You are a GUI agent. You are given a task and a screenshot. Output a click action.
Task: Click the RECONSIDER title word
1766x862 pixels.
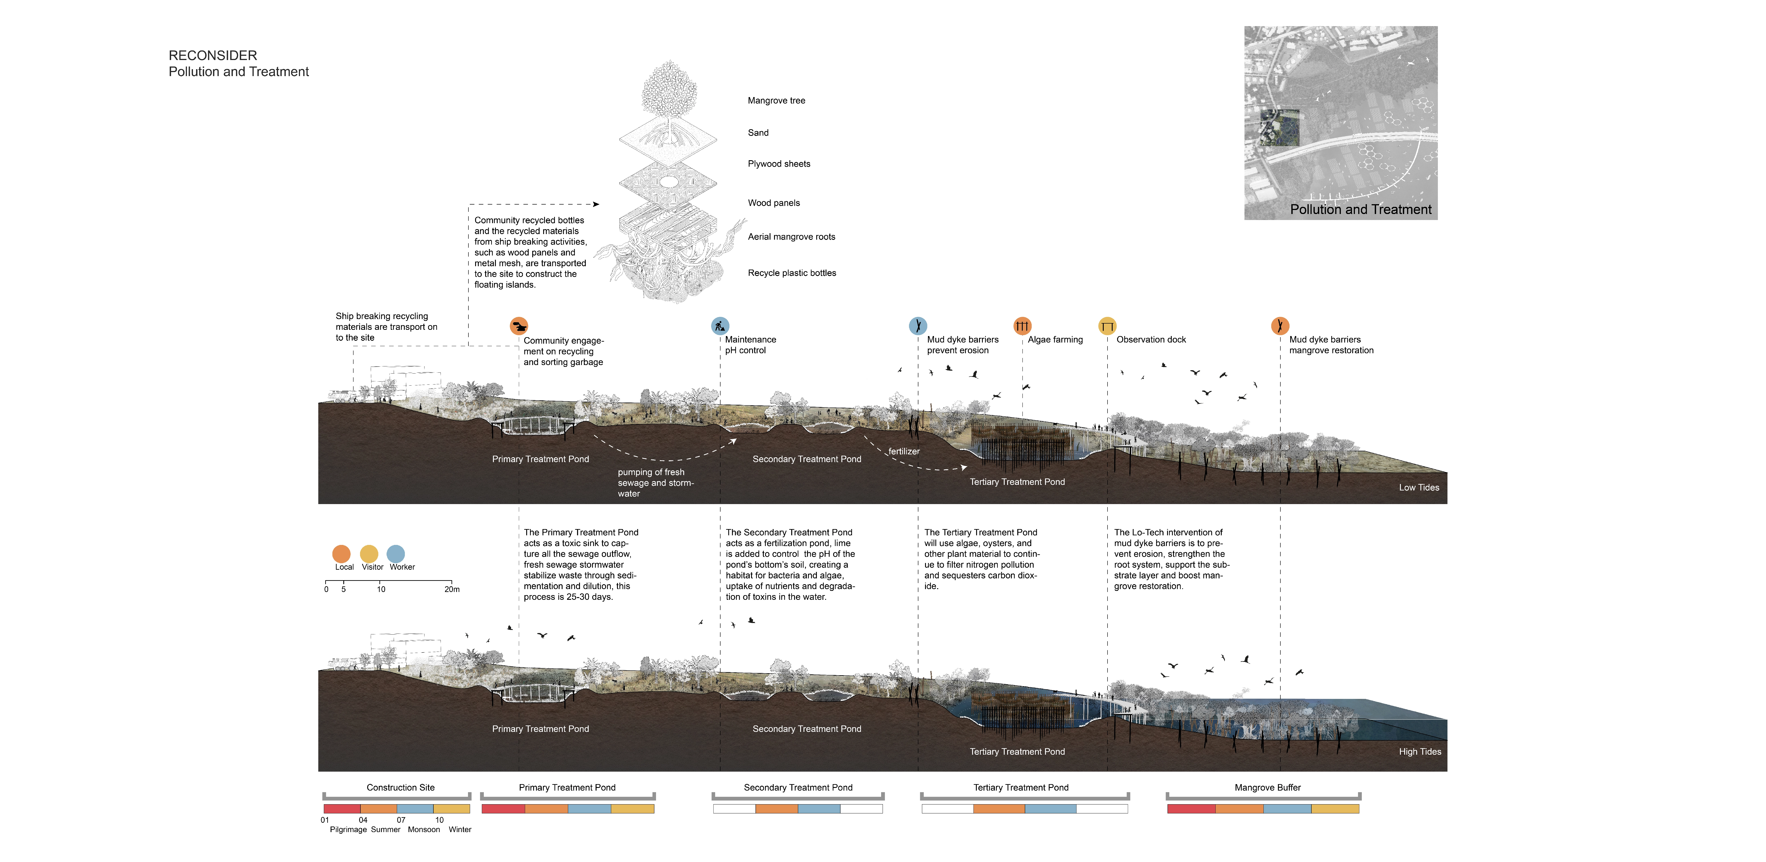pyautogui.click(x=213, y=56)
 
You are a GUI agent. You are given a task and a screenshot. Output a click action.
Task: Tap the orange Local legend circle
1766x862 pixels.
pyautogui.click(x=342, y=553)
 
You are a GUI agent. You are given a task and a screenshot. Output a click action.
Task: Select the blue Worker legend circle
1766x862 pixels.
pyautogui.click(x=395, y=553)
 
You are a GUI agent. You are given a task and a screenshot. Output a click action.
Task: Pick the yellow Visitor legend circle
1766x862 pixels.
pyautogui.click(x=369, y=553)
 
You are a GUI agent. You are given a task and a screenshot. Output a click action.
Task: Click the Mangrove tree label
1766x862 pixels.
pyautogui.click(x=776, y=101)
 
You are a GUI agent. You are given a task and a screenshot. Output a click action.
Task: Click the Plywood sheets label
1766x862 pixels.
pyautogui.click(x=779, y=164)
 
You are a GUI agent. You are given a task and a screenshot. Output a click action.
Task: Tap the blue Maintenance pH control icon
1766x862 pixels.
pyautogui.click(x=720, y=326)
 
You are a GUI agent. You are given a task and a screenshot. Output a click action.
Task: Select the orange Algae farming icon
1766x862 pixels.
pyautogui.click(x=1021, y=326)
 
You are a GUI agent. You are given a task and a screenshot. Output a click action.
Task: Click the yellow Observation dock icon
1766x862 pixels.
pyautogui.click(x=1107, y=326)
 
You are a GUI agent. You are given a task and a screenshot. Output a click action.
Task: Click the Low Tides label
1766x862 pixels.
pyautogui.click(x=1418, y=488)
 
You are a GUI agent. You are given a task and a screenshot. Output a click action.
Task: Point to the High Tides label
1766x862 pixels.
pyautogui.click(x=1420, y=752)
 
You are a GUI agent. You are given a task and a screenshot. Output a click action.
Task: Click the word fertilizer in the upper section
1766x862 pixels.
pyautogui.click(x=904, y=451)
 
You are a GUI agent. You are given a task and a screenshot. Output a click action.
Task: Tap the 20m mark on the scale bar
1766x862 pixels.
pyautogui.click(x=452, y=589)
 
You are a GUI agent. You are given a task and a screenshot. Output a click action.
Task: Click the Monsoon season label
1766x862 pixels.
pyautogui.click(x=424, y=830)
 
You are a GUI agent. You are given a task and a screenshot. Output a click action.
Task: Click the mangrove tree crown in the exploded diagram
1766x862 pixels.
pyautogui.click(x=669, y=89)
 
